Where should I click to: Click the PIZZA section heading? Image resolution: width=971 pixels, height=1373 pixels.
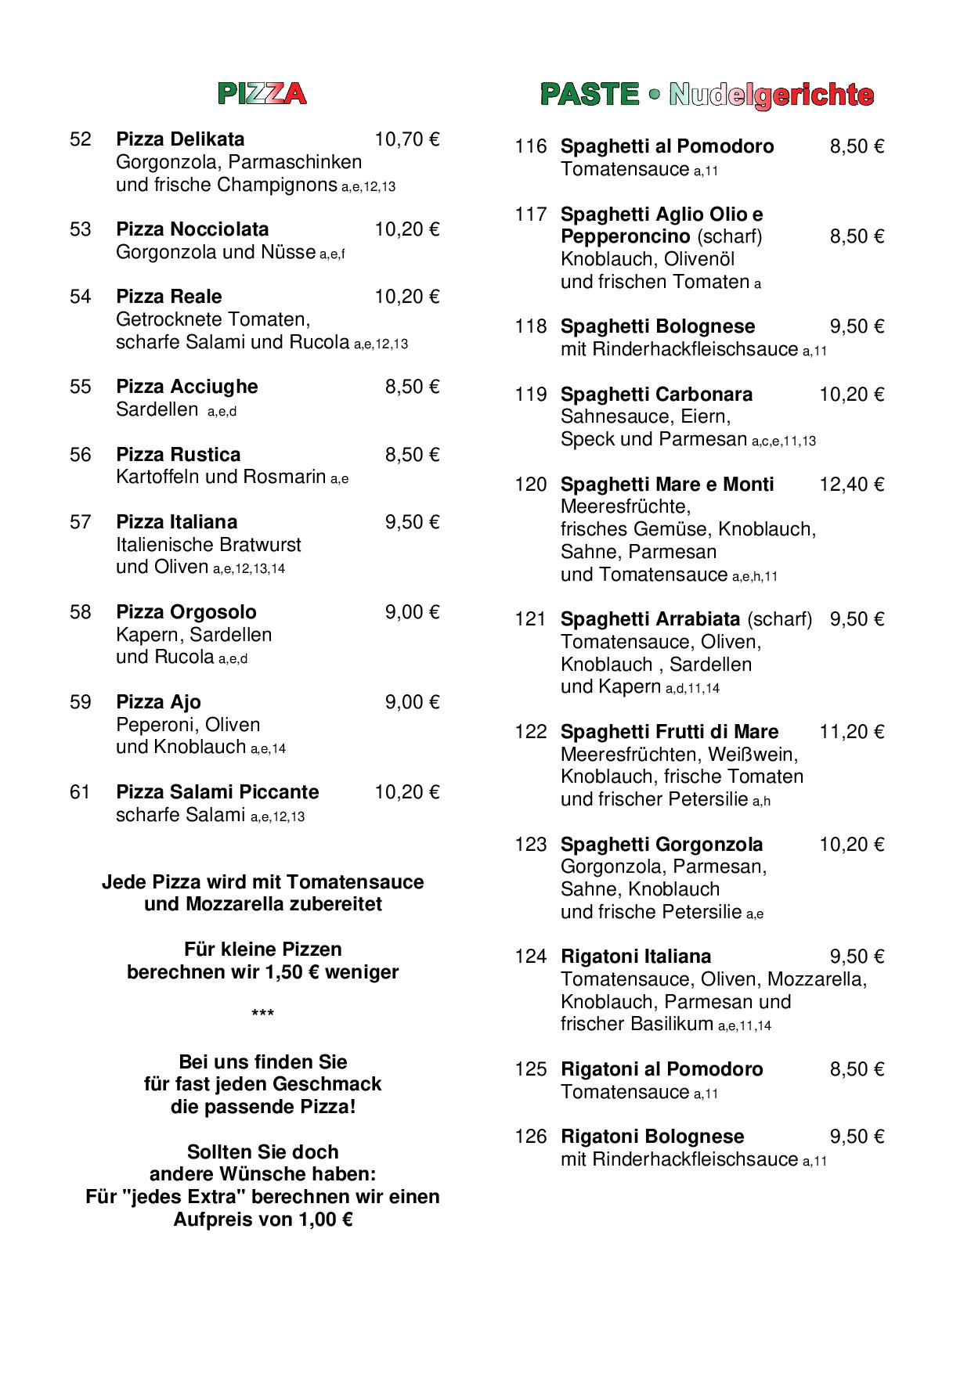point(262,94)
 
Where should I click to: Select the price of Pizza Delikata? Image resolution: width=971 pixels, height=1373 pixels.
point(406,139)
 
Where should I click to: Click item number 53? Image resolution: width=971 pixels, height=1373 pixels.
point(81,229)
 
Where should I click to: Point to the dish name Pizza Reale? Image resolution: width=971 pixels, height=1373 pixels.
point(168,297)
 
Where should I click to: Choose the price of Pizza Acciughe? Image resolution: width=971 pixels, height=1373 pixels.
point(412,387)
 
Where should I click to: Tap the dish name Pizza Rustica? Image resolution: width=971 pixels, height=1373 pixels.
point(178,455)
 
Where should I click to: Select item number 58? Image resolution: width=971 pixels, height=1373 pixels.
point(81,612)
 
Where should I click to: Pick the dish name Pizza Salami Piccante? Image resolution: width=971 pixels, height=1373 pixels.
point(217,792)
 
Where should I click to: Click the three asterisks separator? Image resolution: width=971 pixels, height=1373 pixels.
point(262,1015)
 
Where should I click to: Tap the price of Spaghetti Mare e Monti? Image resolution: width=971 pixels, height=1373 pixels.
point(851,485)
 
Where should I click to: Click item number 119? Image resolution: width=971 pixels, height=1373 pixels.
point(530,395)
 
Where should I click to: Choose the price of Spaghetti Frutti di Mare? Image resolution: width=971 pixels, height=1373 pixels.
point(851,732)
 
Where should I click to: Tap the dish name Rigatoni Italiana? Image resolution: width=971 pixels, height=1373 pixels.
point(636,957)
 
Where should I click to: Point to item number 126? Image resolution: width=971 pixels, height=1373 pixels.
point(530,1137)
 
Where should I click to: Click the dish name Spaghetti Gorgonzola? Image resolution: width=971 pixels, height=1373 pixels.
point(662,845)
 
